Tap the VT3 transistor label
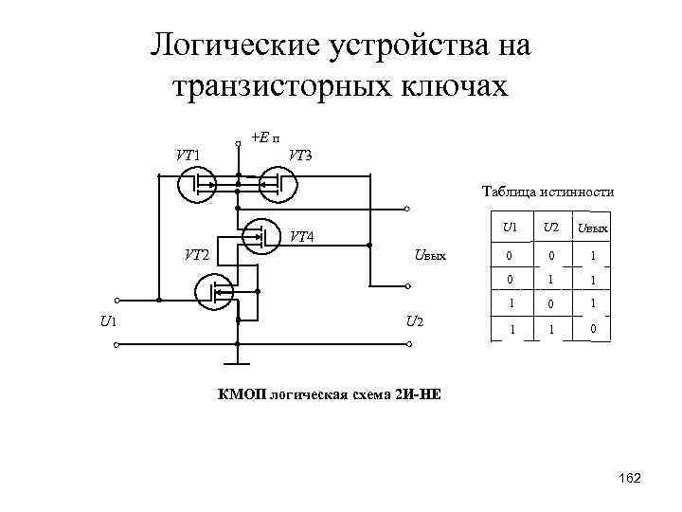(300, 155)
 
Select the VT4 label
(302, 235)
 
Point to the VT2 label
(197, 254)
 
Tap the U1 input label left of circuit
(108, 320)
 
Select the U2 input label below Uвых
(414, 320)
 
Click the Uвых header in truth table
(593, 229)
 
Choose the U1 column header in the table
(511, 229)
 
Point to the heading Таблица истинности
(547, 192)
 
